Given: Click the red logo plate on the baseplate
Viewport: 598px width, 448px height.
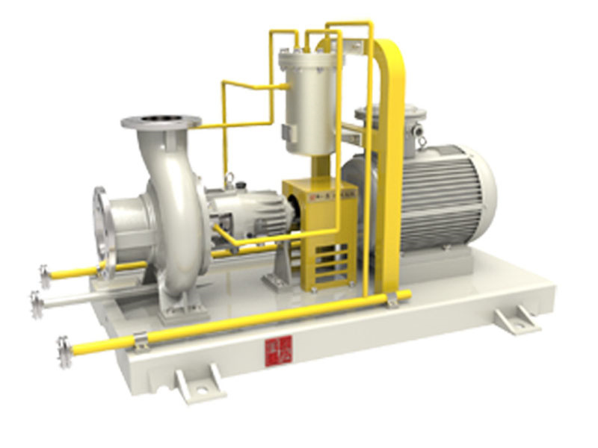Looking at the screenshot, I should point(271,348).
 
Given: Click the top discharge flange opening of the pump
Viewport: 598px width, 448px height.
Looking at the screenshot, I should point(161,119).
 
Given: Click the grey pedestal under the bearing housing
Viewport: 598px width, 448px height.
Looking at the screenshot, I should point(276,269).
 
